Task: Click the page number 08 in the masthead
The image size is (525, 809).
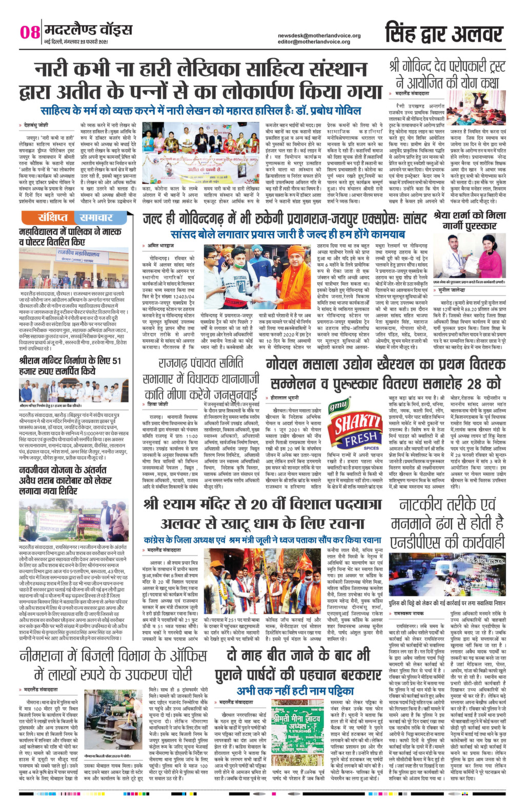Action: (30, 32)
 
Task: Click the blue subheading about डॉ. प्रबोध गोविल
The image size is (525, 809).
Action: (200, 111)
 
